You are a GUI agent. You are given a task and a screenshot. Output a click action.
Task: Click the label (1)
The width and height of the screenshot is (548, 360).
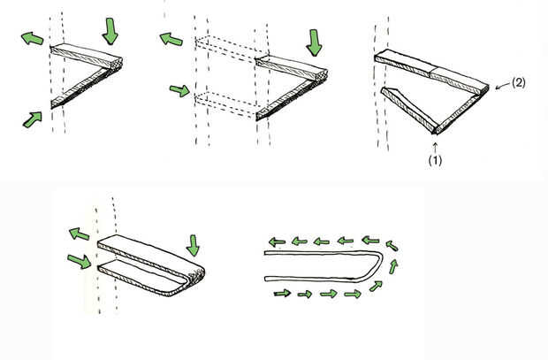[x=436, y=162]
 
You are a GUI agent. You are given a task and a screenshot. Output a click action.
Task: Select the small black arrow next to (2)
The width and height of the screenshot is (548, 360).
[x=502, y=85]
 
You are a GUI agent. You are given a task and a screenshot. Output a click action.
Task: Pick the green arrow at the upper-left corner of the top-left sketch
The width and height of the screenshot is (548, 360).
[x=32, y=39]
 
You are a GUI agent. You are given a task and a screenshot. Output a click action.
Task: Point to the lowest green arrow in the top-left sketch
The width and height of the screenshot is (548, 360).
[x=33, y=119]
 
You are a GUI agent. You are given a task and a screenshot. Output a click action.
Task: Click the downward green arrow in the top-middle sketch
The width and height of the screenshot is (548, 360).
[x=314, y=39]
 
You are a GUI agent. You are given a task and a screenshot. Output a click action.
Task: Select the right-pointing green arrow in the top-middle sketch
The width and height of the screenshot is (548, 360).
[x=179, y=89]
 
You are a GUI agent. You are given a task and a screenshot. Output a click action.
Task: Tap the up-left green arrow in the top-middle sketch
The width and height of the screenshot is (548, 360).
[x=169, y=39]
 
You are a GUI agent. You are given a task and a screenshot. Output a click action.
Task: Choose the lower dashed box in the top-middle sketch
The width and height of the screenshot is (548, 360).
[x=225, y=103]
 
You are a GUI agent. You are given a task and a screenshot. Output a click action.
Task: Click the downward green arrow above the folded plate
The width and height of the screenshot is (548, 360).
[x=194, y=242]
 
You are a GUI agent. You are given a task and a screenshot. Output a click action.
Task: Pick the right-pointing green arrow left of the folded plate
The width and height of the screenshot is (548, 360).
[x=79, y=261]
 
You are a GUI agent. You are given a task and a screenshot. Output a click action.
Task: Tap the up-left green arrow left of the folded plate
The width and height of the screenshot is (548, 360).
[x=80, y=235]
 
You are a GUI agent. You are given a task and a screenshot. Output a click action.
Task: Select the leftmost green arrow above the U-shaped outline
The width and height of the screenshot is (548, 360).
[x=278, y=241]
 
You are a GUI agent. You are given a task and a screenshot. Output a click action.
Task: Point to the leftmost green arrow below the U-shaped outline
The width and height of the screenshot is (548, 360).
[x=284, y=292]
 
